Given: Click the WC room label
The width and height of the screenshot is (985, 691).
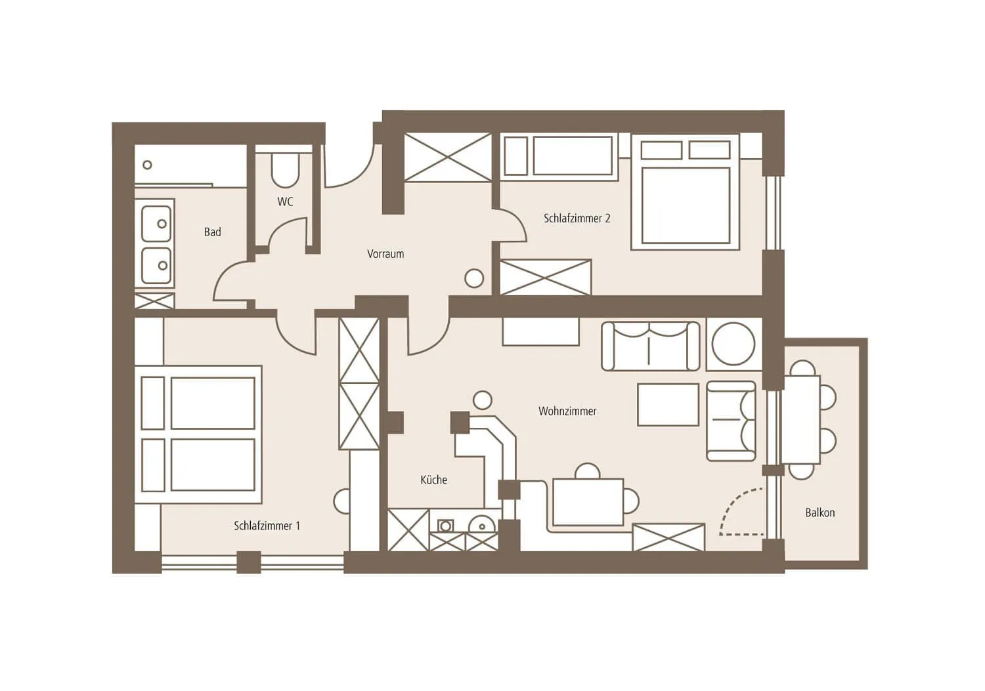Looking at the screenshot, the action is pyautogui.click(x=285, y=201).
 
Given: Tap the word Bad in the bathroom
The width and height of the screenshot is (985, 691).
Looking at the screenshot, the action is pyautogui.click(x=212, y=232).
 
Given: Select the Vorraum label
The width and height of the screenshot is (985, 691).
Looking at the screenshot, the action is pyautogui.click(x=385, y=254).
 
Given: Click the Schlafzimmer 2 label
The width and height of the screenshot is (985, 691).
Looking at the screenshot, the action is pyautogui.click(x=577, y=219).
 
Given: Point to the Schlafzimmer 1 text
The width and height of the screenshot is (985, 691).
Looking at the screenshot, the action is pyautogui.click(x=267, y=526).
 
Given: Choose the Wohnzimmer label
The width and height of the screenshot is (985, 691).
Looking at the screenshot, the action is pyautogui.click(x=567, y=411).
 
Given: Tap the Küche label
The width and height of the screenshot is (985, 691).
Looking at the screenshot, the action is pyautogui.click(x=433, y=480).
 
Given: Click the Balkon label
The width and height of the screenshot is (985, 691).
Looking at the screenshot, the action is pyautogui.click(x=820, y=513).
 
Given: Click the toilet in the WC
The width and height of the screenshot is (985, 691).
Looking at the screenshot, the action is pyautogui.click(x=286, y=169).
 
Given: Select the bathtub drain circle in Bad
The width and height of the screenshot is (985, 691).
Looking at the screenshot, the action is pyautogui.click(x=147, y=165).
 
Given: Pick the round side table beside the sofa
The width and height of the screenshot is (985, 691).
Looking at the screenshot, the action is pyautogui.click(x=733, y=344).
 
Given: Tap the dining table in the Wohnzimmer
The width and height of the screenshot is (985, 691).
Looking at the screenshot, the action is pyautogui.click(x=588, y=501).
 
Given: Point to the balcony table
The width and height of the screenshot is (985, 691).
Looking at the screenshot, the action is pyautogui.click(x=800, y=419).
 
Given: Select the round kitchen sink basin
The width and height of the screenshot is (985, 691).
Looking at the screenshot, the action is pyautogui.click(x=482, y=525).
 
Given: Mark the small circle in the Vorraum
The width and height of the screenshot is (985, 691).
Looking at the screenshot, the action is pyautogui.click(x=474, y=278).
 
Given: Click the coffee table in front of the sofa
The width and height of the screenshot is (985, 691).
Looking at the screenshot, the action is pyautogui.click(x=668, y=404).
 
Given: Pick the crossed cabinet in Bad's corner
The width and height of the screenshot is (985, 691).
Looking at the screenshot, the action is pyautogui.click(x=154, y=301).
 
